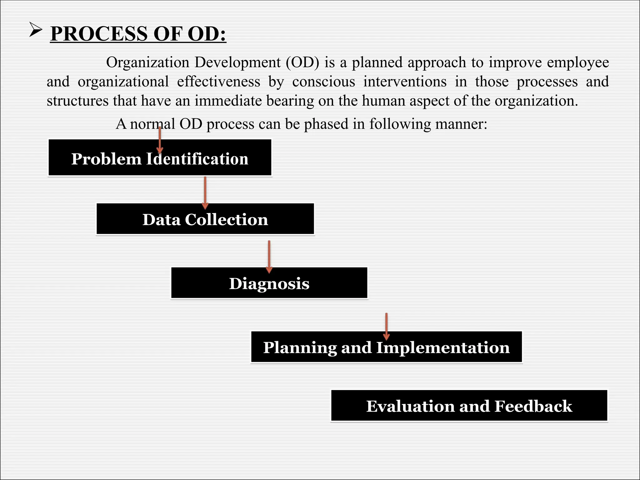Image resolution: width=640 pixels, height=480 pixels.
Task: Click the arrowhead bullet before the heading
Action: (x=36, y=30)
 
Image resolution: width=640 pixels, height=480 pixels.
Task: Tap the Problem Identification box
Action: (x=160, y=158)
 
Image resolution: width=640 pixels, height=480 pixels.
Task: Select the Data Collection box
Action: (x=205, y=219)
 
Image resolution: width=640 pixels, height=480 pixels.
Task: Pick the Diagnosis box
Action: (x=269, y=283)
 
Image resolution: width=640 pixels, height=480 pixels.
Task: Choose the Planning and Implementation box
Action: (x=386, y=347)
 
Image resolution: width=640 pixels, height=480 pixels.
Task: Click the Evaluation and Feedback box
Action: (x=469, y=406)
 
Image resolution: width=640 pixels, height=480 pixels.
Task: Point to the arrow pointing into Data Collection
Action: (x=205, y=192)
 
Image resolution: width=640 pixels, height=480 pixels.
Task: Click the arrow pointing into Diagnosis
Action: (x=269, y=257)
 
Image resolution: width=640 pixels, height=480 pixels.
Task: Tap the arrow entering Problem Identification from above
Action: (x=160, y=140)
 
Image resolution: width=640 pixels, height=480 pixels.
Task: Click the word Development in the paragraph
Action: (x=237, y=62)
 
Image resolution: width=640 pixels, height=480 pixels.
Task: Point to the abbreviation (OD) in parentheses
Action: (x=302, y=62)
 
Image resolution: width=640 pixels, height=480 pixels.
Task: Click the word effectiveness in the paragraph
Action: (x=218, y=82)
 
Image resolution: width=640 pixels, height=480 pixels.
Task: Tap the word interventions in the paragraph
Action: (x=405, y=82)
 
